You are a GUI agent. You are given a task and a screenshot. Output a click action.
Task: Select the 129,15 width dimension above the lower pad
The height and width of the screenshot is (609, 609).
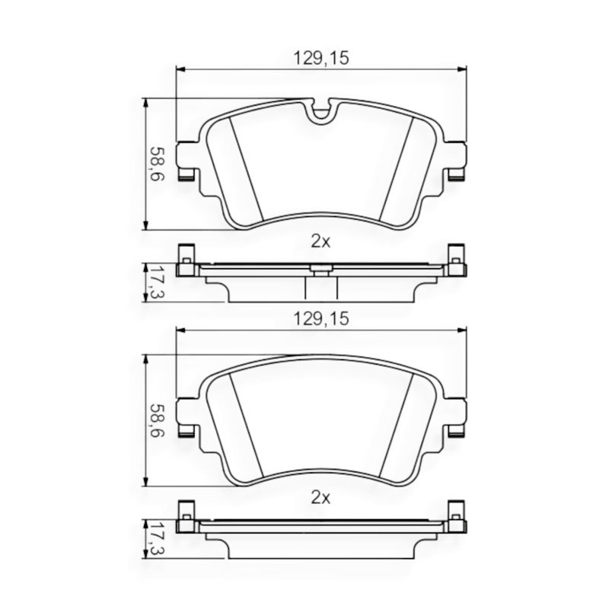(320, 321)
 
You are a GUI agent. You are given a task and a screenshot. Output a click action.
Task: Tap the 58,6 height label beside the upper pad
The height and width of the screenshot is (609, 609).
(155, 164)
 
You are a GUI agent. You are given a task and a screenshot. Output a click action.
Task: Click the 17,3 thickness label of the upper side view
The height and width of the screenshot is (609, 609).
(155, 282)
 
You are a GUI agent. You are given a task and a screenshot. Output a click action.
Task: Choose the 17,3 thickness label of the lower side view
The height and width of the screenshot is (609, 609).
(155, 539)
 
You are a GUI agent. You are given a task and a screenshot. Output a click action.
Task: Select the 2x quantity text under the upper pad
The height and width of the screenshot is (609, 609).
(320, 242)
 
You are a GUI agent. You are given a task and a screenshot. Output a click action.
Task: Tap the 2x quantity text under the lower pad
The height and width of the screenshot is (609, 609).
(320, 499)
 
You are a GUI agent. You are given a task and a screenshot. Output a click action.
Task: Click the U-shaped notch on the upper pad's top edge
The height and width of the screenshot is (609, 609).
(322, 111)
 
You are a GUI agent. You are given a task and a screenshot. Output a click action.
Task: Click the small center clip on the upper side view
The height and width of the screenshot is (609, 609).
(320, 267)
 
